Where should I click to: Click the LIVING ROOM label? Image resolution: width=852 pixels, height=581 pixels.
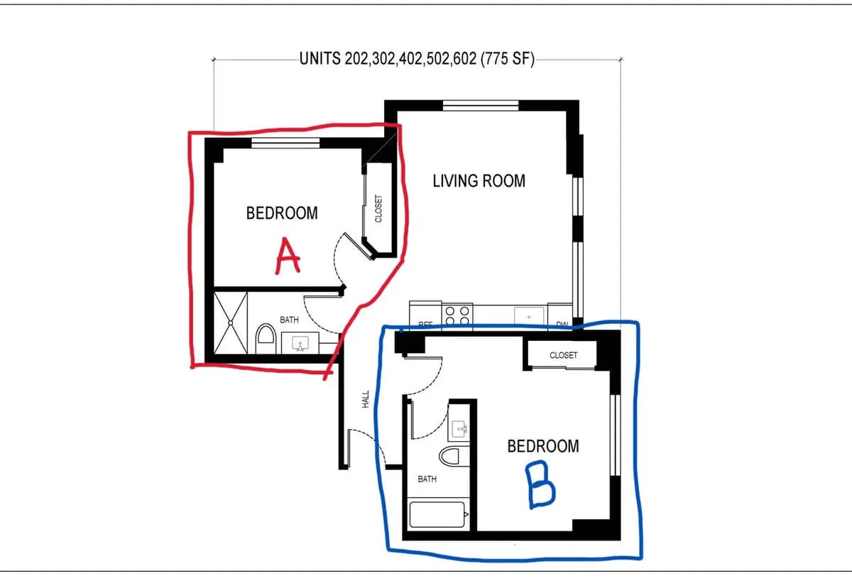click(x=479, y=181)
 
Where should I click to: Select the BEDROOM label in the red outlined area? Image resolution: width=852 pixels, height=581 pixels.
click(x=282, y=213)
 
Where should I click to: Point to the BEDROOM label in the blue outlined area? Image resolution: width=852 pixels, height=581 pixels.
click(x=543, y=446)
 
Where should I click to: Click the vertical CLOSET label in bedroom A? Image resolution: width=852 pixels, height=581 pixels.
click(x=378, y=209)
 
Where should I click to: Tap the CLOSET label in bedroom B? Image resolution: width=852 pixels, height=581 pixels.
click(x=563, y=355)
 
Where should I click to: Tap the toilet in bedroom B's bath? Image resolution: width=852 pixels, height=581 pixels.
click(x=451, y=455)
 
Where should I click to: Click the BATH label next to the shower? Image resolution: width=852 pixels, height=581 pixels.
click(x=289, y=320)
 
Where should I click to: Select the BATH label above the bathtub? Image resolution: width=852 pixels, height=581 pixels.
click(x=427, y=479)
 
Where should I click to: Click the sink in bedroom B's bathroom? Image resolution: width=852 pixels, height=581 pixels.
click(x=459, y=429)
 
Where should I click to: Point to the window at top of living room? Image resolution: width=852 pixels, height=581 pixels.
click(x=481, y=106)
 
